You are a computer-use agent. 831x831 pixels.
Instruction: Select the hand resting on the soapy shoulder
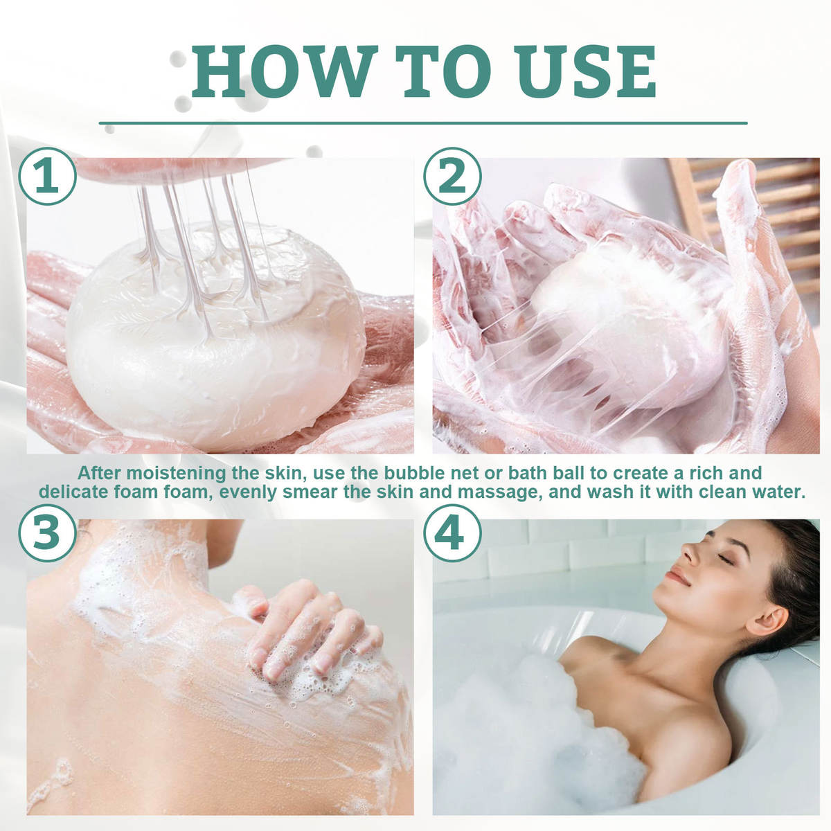312,627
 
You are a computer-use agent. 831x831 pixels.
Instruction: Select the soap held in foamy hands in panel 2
609,319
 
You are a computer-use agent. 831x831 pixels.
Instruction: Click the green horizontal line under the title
422,123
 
